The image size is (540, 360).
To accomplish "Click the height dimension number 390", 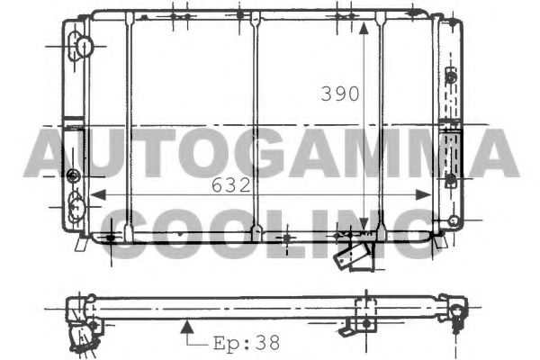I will tap(341, 94).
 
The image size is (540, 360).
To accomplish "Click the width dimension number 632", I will tap(230, 185).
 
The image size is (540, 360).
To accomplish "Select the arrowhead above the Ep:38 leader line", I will tap(187, 320).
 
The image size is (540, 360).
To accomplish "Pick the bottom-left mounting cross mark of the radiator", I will tap(110, 238).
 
